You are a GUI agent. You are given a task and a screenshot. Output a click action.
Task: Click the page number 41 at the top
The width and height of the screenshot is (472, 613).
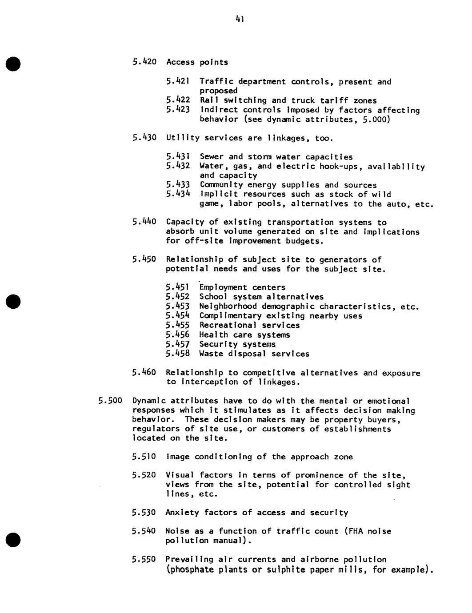pos(240,19)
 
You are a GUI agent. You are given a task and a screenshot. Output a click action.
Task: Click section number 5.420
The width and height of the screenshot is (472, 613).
pos(144,62)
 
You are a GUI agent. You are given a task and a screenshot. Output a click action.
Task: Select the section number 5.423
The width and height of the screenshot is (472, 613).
pos(178,110)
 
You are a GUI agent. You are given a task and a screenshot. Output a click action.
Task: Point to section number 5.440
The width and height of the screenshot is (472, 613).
pos(144,222)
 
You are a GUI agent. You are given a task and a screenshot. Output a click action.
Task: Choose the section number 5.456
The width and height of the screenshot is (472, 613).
pos(178,334)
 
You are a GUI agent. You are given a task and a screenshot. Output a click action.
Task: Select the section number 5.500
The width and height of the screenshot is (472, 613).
pos(110,401)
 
